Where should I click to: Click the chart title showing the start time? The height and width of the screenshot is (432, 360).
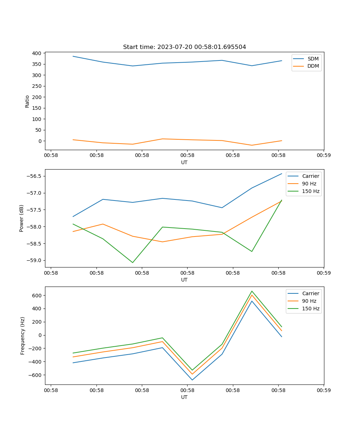pyautogui.click(x=184, y=47)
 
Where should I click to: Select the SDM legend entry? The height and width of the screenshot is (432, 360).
pyautogui.click(x=313, y=59)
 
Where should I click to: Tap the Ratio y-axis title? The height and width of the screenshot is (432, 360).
pyautogui.click(x=27, y=101)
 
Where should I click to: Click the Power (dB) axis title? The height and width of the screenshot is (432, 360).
pyautogui.click(x=22, y=218)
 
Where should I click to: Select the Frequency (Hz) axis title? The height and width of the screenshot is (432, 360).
pyautogui.click(x=22, y=336)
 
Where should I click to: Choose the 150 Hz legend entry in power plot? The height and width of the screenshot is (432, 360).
pyautogui.click(x=311, y=191)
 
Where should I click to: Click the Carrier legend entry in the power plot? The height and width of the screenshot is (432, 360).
pyautogui.click(x=310, y=176)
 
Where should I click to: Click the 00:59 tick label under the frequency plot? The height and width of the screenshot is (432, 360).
pyautogui.click(x=324, y=390)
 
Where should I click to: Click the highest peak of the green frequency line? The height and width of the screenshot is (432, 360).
pyautogui.click(x=252, y=291)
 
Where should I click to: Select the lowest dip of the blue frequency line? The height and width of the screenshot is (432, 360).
pyautogui.click(x=192, y=380)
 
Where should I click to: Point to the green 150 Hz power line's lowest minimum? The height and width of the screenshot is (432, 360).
pyautogui.click(x=132, y=262)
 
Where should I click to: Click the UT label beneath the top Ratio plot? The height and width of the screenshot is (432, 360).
pyautogui.click(x=184, y=162)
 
